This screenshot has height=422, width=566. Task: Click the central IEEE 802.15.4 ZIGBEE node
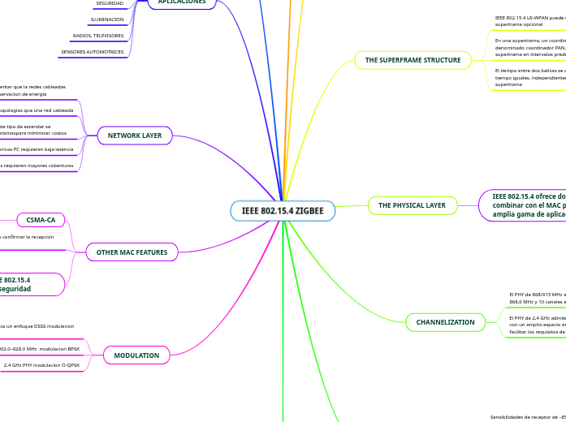[x=283, y=211]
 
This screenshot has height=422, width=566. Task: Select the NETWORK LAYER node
[x=134, y=136]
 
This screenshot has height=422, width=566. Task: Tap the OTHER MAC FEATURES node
[x=132, y=252]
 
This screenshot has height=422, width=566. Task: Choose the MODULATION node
[x=136, y=355]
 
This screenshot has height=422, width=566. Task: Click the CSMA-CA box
[x=41, y=219]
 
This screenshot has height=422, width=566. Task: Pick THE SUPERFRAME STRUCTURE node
[x=413, y=60]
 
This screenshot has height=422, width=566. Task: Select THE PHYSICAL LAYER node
[x=412, y=205]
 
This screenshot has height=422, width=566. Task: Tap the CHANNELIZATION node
[x=445, y=322]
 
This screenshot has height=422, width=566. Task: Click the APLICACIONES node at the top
[x=182, y=2]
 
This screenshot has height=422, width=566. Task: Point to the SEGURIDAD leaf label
[x=110, y=4]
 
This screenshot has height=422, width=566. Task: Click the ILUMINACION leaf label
[x=107, y=19]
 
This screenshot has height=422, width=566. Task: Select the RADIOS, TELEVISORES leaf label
[x=98, y=36]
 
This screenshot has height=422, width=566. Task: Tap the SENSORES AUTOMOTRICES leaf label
[x=93, y=52]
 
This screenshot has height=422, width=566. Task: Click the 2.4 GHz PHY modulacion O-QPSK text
[x=41, y=365]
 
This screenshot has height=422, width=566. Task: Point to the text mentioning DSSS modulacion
[x=37, y=326]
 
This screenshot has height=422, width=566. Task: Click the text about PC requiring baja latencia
[x=37, y=149]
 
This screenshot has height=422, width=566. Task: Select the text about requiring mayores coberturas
[x=37, y=166]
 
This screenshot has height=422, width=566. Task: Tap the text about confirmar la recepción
[x=27, y=237]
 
